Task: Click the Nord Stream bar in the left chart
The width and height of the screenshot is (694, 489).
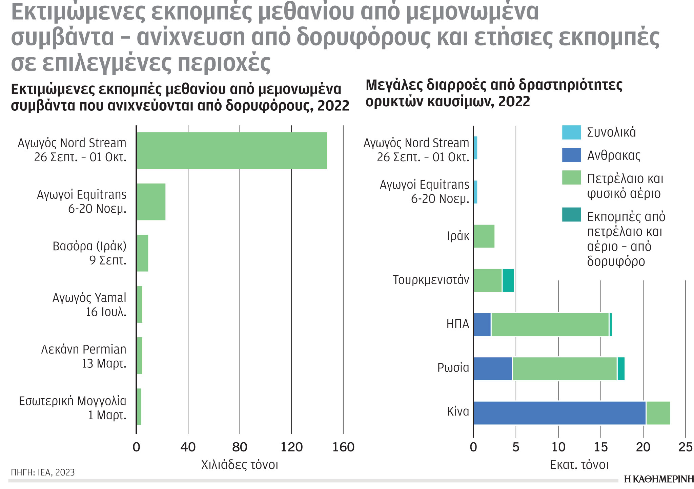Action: [232, 150]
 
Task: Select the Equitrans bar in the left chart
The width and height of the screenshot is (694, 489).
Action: [151, 202]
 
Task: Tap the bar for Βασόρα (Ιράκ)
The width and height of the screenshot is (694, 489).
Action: [142, 253]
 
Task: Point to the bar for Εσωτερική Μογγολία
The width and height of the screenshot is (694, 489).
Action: [139, 407]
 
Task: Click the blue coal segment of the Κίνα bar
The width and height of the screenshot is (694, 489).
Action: [559, 413]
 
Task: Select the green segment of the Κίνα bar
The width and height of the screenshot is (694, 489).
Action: [658, 413]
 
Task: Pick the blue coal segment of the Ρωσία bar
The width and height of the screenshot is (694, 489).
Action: [493, 369]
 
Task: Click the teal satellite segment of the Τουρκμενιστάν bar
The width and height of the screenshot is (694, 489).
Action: [508, 280]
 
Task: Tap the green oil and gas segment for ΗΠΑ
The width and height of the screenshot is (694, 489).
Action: [550, 325]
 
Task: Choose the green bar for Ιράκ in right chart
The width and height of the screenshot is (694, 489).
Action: [484, 236]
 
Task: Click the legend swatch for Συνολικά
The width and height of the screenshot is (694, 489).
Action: [571, 132]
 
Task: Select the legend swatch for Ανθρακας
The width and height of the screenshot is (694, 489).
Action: [571, 155]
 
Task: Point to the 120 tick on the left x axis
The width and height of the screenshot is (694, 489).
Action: [291, 447]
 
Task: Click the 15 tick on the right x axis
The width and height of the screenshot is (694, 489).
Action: [601, 447]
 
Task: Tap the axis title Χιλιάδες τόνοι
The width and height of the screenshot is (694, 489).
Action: [240, 465]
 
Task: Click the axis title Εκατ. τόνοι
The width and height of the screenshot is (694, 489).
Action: [579, 465]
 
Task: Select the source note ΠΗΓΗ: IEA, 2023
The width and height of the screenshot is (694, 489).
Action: [43, 472]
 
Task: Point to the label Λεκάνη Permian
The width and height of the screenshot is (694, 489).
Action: [84, 349]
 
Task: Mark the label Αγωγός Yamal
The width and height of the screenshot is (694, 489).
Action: [89, 298]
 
